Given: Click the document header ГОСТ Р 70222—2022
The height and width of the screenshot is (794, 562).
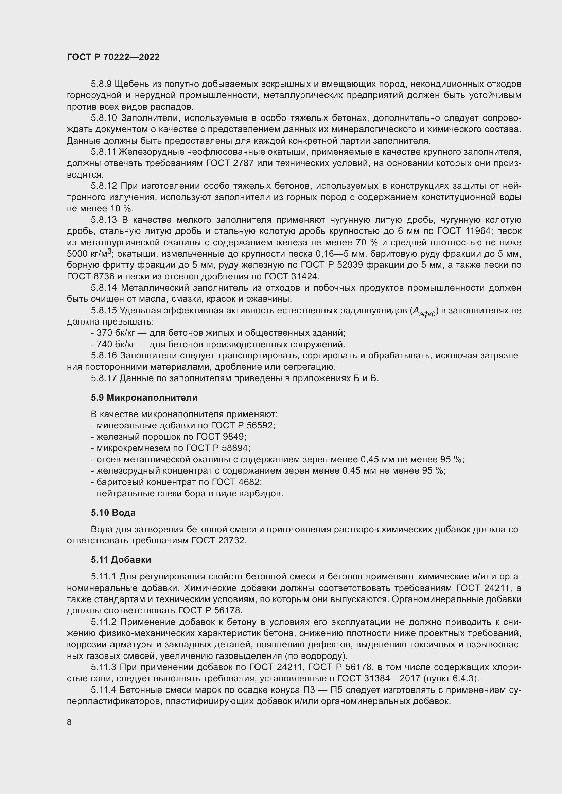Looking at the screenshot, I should [x=113, y=57].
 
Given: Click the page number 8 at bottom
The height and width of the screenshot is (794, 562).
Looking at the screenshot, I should [x=69, y=722].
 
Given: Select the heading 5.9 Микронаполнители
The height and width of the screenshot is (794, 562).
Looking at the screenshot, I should [x=144, y=398].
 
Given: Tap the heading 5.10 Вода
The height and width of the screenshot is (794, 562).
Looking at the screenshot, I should [x=113, y=513].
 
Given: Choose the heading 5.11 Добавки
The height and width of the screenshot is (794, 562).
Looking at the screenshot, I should [x=121, y=559].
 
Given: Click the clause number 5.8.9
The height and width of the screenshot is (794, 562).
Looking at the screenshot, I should [x=101, y=84].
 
